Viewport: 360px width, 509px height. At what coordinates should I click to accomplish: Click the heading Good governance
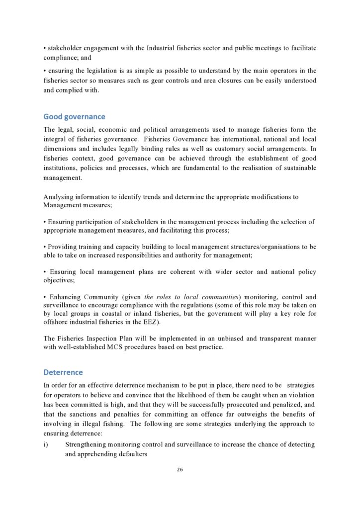74,117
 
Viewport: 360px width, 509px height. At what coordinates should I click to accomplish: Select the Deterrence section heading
63,372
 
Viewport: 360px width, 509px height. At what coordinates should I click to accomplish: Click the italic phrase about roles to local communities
184,297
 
